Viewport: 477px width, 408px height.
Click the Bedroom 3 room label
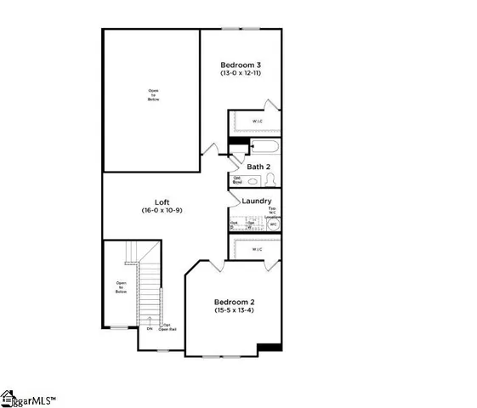pos(241,65)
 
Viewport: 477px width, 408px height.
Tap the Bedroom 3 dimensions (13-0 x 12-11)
pos(241,75)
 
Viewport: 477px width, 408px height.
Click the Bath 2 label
pos(258,167)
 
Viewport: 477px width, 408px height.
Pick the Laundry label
pos(256,201)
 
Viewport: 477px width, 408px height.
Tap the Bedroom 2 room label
pos(234,302)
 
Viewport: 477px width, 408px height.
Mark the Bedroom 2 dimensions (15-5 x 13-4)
pos(234,311)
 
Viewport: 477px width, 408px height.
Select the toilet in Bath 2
pos(270,180)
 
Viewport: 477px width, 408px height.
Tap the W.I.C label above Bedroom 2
pos(258,249)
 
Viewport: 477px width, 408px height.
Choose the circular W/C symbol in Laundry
pos(273,224)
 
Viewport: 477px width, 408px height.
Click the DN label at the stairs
pos(149,328)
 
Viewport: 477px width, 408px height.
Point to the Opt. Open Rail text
pos(168,326)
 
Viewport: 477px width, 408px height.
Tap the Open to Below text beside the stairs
pos(121,287)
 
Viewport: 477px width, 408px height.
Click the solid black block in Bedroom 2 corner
pos(270,346)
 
